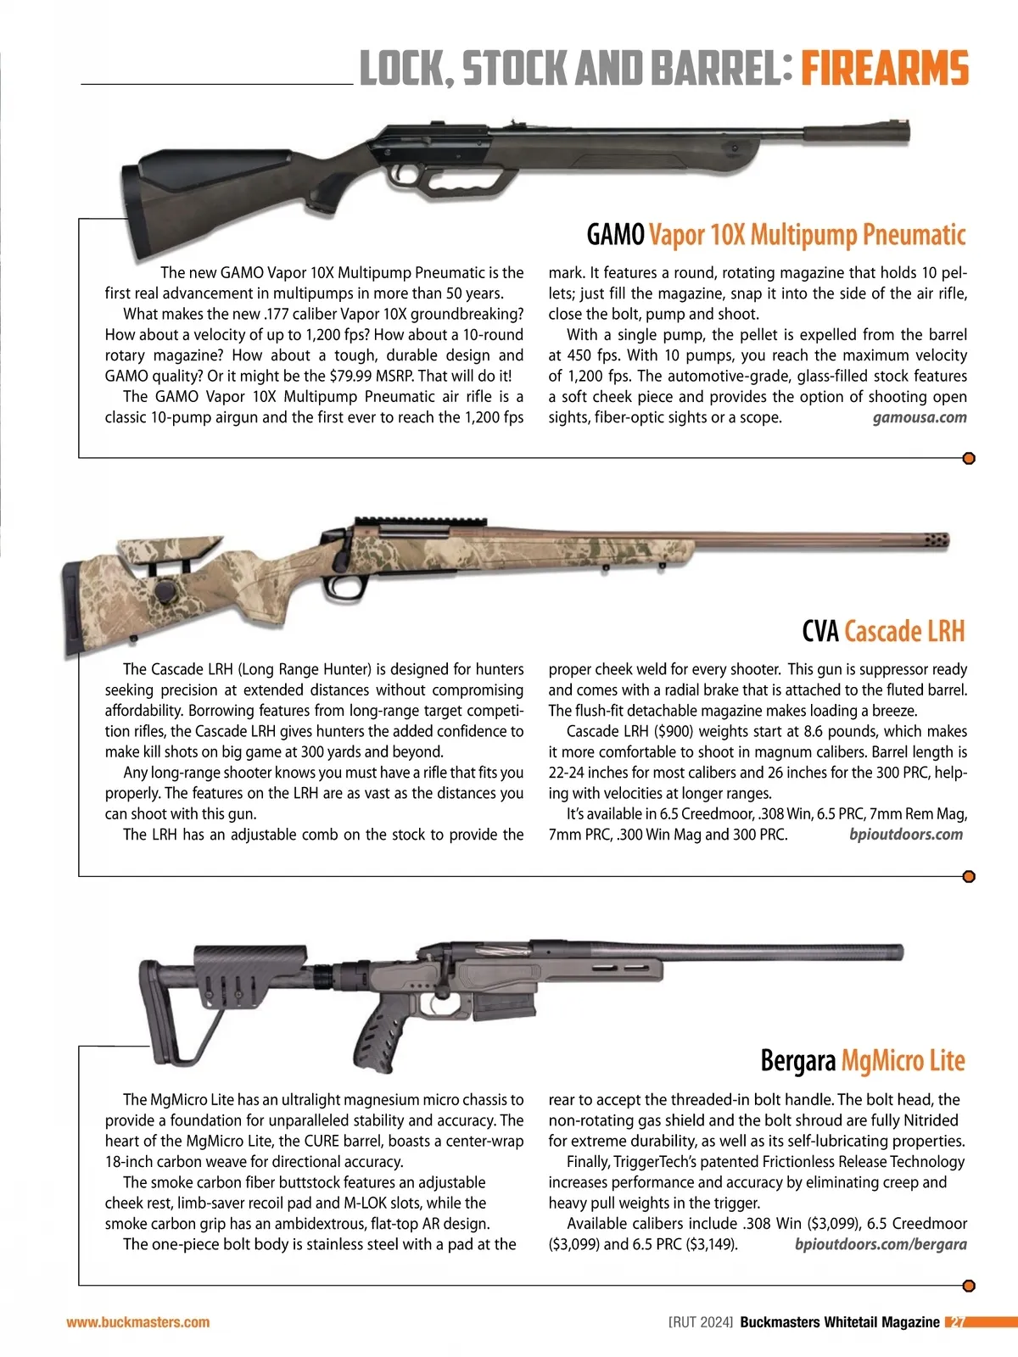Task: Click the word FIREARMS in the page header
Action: pos(884,68)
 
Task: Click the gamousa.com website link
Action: pos(920,417)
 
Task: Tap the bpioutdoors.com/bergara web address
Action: pos(881,1244)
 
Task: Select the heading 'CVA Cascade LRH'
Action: pos(883,631)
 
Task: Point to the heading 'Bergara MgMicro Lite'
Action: pos(862,1060)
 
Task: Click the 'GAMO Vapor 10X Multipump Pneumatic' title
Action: pos(776,234)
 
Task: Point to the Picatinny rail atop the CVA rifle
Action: pos(422,522)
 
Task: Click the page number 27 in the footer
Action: pos(957,1322)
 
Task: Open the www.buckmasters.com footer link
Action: pos(138,1322)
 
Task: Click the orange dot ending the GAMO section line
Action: pos(969,459)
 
